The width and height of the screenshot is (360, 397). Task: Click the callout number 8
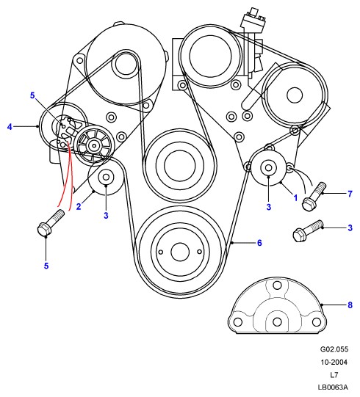click(350, 305)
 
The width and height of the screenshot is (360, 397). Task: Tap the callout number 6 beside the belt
click(259, 243)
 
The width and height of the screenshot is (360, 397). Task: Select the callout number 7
click(350, 194)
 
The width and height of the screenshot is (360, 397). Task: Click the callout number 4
click(10, 126)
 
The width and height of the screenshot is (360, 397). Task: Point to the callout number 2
click(79, 206)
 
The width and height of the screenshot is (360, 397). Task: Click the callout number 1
click(295, 197)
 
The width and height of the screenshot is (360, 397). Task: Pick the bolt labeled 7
click(314, 197)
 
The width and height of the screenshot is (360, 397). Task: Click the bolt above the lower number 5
click(51, 222)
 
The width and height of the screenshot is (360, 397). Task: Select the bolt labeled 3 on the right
click(308, 230)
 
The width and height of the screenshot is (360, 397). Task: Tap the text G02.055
click(334, 349)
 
